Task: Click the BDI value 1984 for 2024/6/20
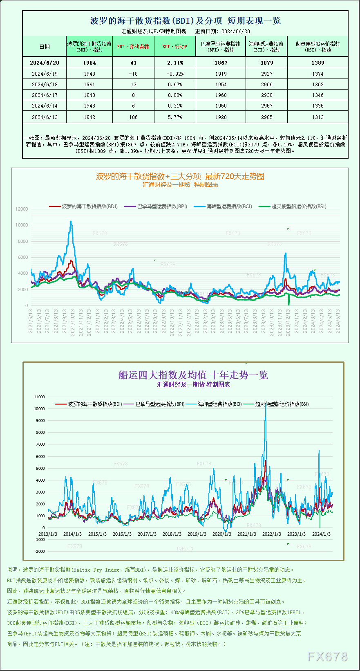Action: [89, 63]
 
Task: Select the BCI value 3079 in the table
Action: [266, 63]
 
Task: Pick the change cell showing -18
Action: [133, 74]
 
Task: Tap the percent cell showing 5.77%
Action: [175, 117]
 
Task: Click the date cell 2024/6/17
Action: [45, 95]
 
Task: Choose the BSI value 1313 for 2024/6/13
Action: [318, 117]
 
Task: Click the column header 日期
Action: [45, 47]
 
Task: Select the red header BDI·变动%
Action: [175, 47]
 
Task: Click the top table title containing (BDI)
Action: [185, 21]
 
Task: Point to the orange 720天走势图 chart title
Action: [180, 176]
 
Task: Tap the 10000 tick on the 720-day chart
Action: [22, 225]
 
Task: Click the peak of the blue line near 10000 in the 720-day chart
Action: [71, 222]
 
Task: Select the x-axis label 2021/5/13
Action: [31, 321]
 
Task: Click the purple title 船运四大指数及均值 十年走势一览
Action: [193, 375]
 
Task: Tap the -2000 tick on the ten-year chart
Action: [39, 552]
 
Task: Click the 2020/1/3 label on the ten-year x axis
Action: [221, 534]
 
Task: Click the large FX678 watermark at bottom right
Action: [327, 657]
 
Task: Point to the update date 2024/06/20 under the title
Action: [236, 31]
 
